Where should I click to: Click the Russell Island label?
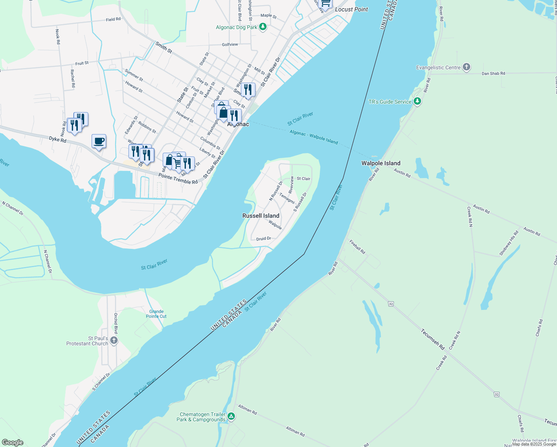tap(261, 216)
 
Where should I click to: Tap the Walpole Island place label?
tap(381, 163)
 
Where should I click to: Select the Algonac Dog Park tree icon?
tap(263, 27)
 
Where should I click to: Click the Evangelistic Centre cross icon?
tap(466, 67)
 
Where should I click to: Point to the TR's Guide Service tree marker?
tap(417, 101)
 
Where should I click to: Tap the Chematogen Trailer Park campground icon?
tap(231, 416)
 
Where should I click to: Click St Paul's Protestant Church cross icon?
tap(114, 340)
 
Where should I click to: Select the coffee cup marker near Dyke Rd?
tap(99, 142)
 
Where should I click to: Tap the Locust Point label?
tap(351, 9)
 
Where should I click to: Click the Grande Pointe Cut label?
tap(156, 314)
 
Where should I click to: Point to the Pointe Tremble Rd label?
tap(178, 179)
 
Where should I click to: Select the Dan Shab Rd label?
tap(493, 73)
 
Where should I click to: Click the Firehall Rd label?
tap(357, 247)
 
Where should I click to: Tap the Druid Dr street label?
tap(264, 238)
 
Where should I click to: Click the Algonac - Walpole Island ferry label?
tap(313, 137)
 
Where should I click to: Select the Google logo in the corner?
tap(12, 443)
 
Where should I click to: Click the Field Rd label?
tap(113, 19)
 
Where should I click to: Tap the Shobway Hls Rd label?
tap(509, 244)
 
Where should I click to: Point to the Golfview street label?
tap(230, 44)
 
